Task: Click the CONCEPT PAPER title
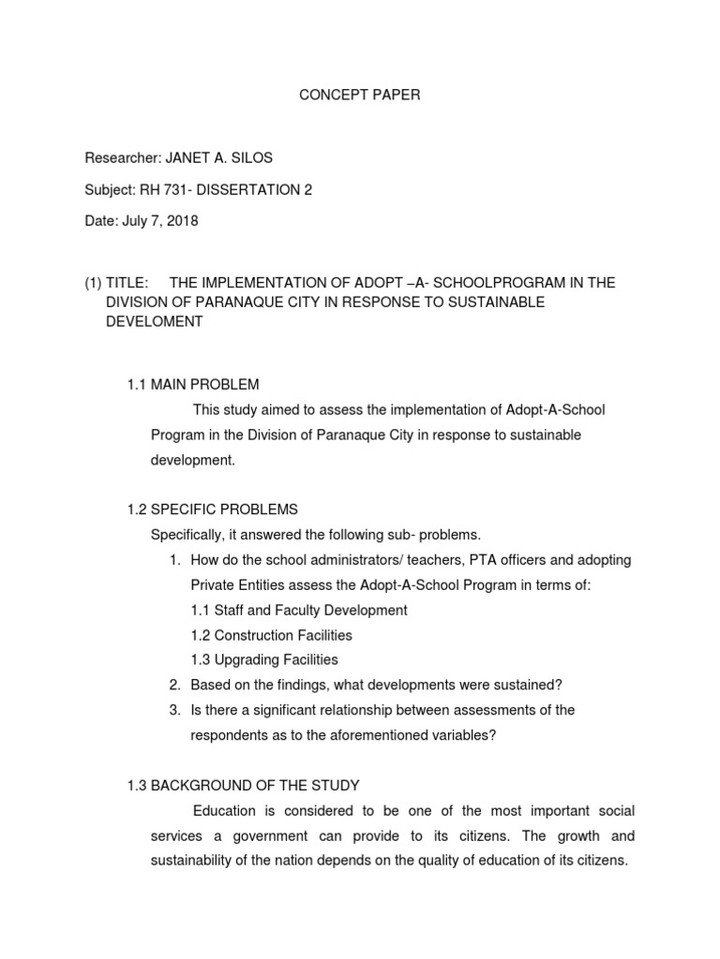pyautogui.click(x=359, y=96)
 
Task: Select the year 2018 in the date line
pyautogui.click(x=182, y=221)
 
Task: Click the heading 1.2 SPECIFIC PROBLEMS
pyautogui.click(x=212, y=509)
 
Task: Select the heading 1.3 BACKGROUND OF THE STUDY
pyautogui.click(x=243, y=785)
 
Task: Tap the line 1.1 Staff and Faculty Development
pyautogui.click(x=298, y=610)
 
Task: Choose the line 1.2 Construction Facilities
pyautogui.click(x=271, y=635)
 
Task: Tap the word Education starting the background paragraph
pyautogui.click(x=225, y=810)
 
